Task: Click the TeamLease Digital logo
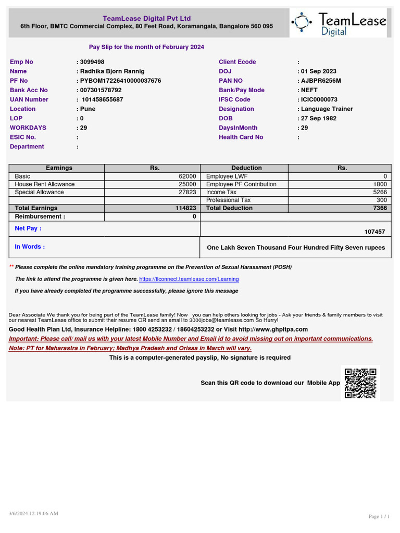pos(339,23)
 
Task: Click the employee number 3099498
pos(92,62)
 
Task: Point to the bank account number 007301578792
pos(101,90)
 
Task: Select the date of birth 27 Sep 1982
pos(318,118)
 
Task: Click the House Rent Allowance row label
pos(45,184)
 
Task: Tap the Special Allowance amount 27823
pos(187,192)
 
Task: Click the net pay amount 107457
pos(375,232)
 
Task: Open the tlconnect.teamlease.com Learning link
pos(189,279)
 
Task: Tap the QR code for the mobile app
pos(360,383)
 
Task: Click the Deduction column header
pos(246,168)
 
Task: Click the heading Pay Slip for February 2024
pos(146,47)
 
